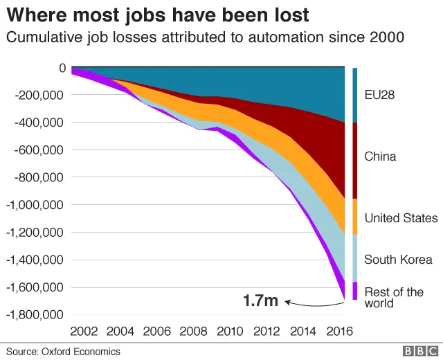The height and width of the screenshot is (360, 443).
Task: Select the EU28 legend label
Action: coord(379,95)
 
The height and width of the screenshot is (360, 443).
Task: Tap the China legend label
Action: coord(381,156)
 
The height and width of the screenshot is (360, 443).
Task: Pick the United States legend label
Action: coord(401,218)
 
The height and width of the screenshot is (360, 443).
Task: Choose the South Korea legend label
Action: coord(399,260)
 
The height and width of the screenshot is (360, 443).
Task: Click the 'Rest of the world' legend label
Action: coord(394,298)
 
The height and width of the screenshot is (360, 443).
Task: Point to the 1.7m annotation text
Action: coord(260,301)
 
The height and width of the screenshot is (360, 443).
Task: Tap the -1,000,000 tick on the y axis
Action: coord(34,205)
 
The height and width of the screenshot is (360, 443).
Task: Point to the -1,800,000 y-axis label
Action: coord(34,314)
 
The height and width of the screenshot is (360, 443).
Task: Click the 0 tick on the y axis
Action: coord(62,68)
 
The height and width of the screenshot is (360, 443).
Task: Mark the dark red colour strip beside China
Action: coord(355,161)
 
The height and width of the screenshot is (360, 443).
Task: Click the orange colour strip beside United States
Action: coord(355,216)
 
